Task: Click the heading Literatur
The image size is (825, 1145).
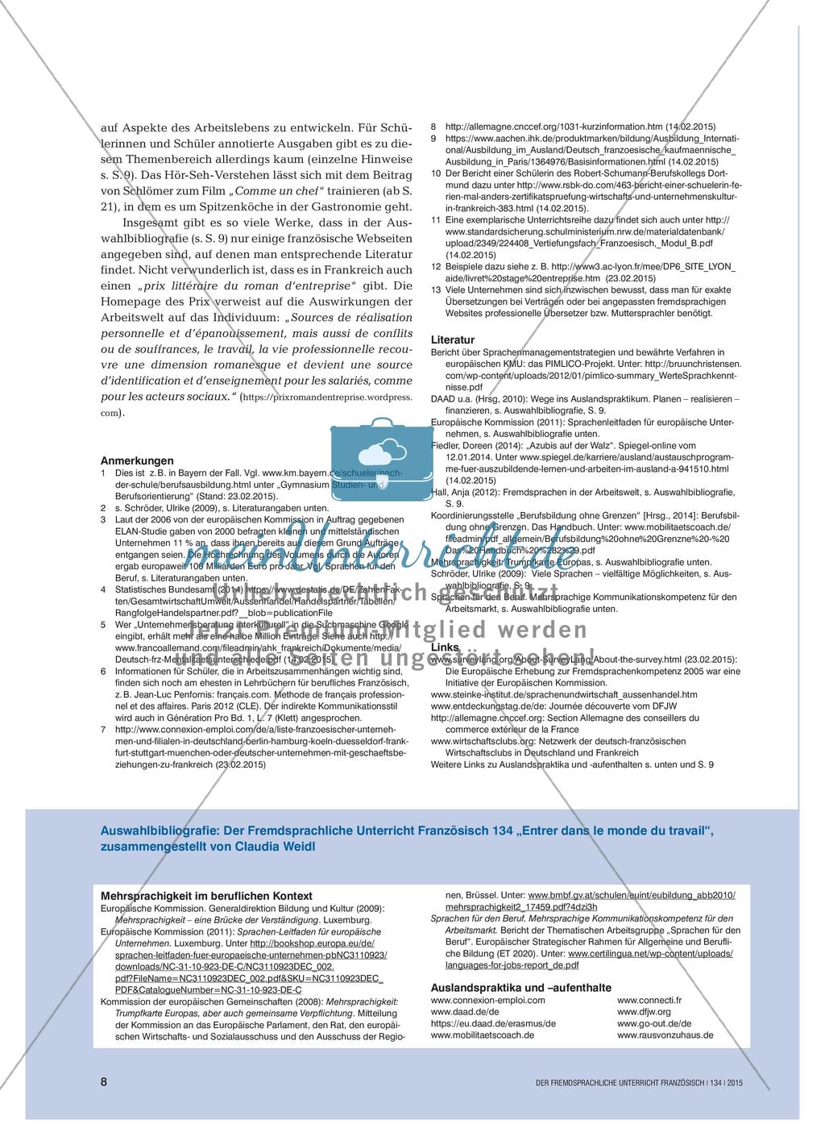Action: point(453,339)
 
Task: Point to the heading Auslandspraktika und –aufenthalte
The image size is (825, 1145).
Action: point(520,988)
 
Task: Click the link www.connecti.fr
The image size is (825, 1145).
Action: point(649,1000)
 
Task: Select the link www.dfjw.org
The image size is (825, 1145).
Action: point(644,1011)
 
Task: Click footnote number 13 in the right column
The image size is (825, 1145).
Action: point(436,289)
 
